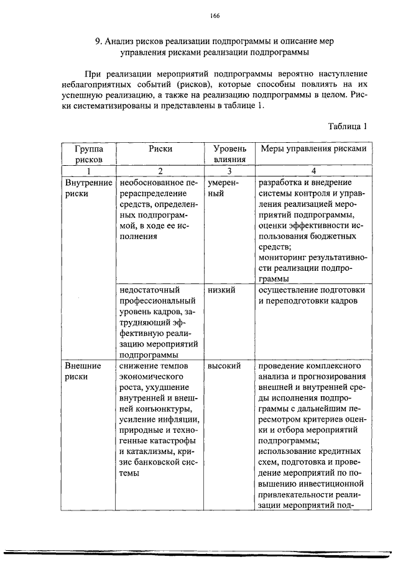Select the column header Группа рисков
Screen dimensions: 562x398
pos(88,154)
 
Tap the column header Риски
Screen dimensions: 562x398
pos(160,149)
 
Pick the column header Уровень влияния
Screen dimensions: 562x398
pos(229,154)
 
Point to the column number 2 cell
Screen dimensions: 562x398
pos(160,171)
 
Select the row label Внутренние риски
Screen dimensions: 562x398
pos(88,188)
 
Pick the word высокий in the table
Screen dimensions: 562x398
pos(224,366)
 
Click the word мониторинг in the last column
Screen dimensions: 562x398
pos(284,258)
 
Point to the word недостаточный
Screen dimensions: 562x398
pos(150,290)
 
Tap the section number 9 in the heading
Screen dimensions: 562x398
pos(98,41)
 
